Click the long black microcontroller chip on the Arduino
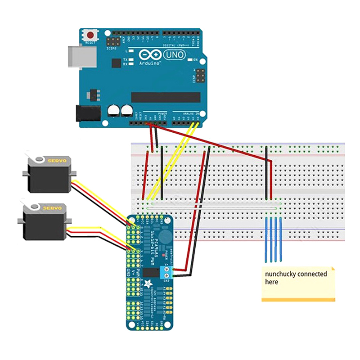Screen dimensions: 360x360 click(165, 97)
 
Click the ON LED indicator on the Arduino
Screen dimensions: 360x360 click(190, 60)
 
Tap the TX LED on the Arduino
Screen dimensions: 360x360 click(132, 60)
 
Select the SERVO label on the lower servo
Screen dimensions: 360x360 click(53, 208)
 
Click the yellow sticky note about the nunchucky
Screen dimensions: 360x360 click(299, 283)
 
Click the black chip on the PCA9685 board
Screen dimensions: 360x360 click(150, 272)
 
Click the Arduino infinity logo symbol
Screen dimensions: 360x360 click(150, 54)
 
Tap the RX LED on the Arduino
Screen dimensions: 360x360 click(132, 64)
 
